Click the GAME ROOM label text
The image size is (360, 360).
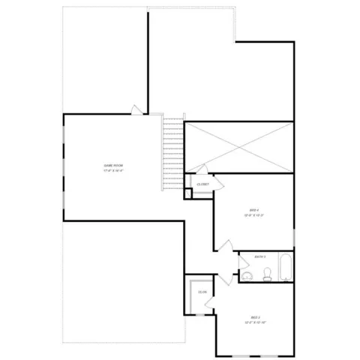(x=113, y=165)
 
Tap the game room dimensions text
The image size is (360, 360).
(x=113, y=171)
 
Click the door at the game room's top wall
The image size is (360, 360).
(x=135, y=110)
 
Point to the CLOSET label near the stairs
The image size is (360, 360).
(x=202, y=184)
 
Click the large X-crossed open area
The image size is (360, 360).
(x=238, y=145)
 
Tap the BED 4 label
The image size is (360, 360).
(x=254, y=209)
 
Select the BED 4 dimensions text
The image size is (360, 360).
(x=254, y=215)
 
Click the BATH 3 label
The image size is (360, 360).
(x=260, y=257)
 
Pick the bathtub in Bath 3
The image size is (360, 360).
(x=286, y=269)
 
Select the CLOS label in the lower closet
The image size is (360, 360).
(x=202, y=292)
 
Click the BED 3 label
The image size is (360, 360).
(x=256, y=316)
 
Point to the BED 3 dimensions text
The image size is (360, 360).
(x=256, y=322)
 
